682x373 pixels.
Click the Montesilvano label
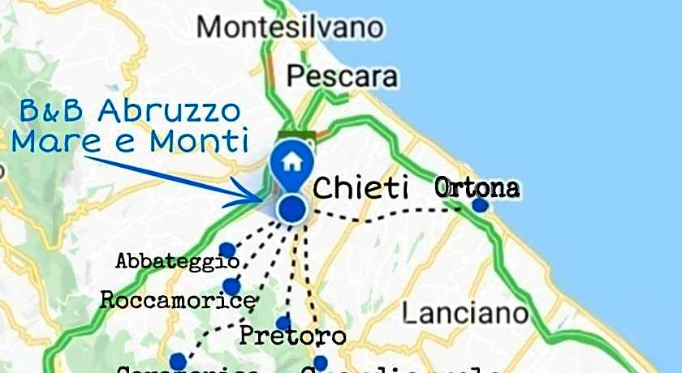click(x=290, y=27)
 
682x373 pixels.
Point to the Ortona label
click(x=477, y=188)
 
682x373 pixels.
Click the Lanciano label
click(x=465, y=312)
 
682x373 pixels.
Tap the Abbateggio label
click(x=178, y=261)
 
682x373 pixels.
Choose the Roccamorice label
click(x=177, y=300)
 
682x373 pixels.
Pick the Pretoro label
click(x=293, y=335)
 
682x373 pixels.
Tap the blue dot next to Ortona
click(x=480, y=204)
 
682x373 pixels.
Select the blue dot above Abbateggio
click(x=227, y=250)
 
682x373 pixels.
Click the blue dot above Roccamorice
click(x=231, y=286)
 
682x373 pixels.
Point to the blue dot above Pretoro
click(x=283, y=322)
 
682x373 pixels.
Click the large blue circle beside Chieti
click(x=291, y=209)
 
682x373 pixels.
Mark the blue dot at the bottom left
click(x=177, y=361)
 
